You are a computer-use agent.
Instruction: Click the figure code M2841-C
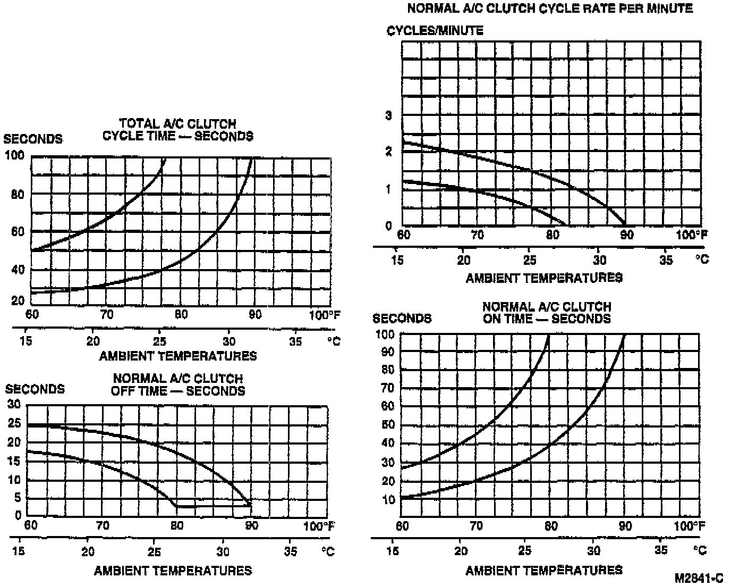[699, 578]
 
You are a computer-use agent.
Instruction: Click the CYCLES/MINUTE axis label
[435, 30]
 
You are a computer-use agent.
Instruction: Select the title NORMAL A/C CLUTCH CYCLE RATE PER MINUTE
[550, 9]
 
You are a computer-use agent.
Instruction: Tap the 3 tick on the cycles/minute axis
[389, 115]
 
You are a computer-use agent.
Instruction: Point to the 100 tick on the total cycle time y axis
[14, 155]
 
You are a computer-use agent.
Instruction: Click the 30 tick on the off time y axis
[14, 404]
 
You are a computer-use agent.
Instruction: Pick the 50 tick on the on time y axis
[388, 425]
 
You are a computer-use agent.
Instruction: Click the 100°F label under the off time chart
[319, 526]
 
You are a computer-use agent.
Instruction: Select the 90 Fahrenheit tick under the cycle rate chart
[627, 235]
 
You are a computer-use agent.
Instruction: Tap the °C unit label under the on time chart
[700, 550]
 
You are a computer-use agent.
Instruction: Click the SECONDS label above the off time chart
[35, 389]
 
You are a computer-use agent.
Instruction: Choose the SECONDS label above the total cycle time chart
[33, 139]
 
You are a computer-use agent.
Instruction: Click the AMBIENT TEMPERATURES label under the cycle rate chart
[544, 278]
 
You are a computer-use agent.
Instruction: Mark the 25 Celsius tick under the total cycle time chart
[159, 341]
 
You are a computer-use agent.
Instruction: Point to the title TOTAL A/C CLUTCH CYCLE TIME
[177, 130]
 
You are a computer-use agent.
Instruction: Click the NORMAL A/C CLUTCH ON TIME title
[547, 313]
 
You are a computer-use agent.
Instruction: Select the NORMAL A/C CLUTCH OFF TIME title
[177, 384]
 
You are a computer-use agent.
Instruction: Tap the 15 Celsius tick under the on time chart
[393, 550]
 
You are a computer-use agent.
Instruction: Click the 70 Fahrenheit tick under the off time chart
[103, 526]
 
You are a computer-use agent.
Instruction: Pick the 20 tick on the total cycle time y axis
[18, 300]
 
